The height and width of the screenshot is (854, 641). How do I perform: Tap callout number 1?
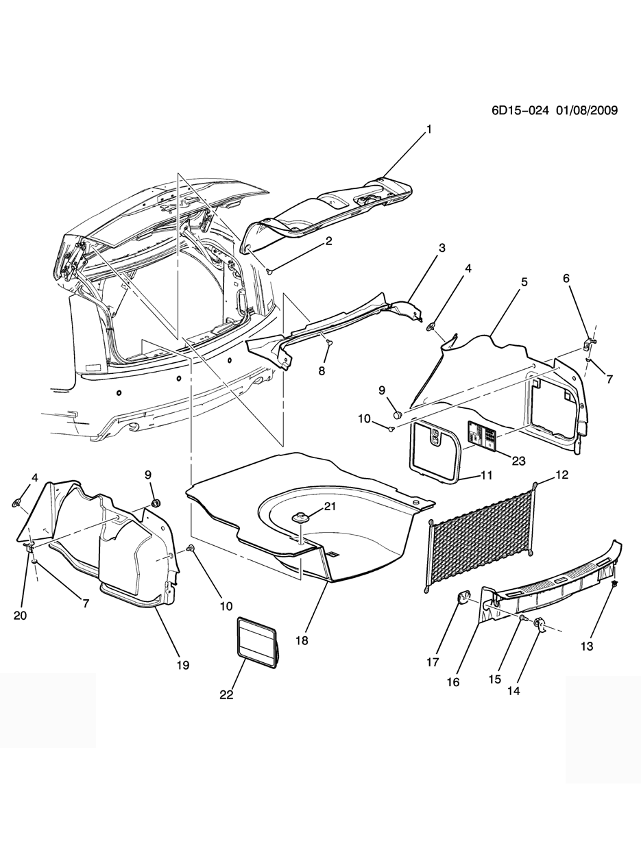(x=430, y=129)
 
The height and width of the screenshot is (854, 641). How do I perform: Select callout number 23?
(x=518, y=461)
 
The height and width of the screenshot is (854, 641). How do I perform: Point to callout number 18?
(x=302, y=640)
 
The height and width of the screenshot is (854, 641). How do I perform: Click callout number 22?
(x=226, y=694)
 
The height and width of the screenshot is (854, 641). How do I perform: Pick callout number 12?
(x=562, y=475)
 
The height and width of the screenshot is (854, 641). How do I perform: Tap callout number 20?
(x=21, y=616)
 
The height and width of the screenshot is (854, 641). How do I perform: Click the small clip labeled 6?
(x=589, y=340)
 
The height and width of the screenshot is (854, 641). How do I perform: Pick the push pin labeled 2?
(x=270, y=272)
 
